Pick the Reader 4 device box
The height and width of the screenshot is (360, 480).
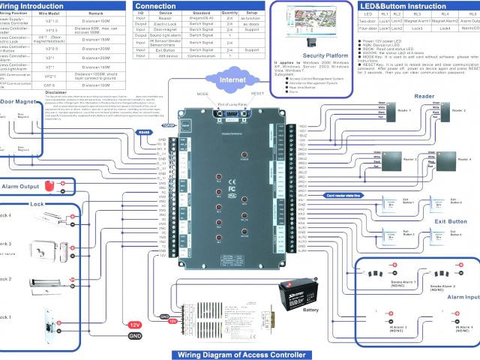click(442, 159)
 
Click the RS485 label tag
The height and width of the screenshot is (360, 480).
click(145, 132)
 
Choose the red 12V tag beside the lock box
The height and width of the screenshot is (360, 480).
click(135, 324)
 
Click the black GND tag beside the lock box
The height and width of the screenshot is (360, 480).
click(135, 336)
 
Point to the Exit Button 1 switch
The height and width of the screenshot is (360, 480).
click(386, 204)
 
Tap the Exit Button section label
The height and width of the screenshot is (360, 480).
click(451, 222)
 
